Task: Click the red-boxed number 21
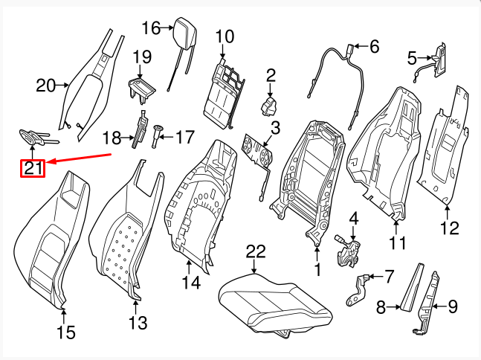coord(33,168)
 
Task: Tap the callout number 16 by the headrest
coord(150,28)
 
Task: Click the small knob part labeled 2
coord(268,106)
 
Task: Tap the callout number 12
coord(448,228)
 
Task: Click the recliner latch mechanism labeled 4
coord(349,250)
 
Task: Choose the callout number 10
coord(224,36)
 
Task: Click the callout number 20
coord(46,86)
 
